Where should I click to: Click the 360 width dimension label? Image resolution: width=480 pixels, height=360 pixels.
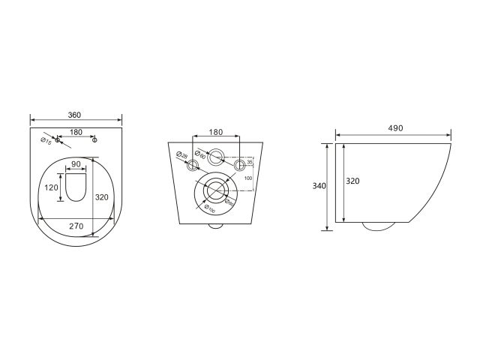point(74,115)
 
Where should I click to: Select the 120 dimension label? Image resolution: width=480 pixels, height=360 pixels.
point(51,187)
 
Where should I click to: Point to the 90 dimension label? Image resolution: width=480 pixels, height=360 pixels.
point(76,164)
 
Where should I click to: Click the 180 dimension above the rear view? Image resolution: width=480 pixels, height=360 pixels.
point(216,132)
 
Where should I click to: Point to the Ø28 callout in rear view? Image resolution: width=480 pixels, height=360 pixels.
point(181,155)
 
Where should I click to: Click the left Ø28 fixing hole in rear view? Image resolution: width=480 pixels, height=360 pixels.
point(193,165)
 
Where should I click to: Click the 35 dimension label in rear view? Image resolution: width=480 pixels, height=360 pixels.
point(250,160)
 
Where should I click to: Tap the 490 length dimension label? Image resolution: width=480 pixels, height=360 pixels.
point(395,128)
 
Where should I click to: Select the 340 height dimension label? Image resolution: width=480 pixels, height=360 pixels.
point(319,187)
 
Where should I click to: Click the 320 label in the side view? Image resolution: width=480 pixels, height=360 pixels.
point(352,181)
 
